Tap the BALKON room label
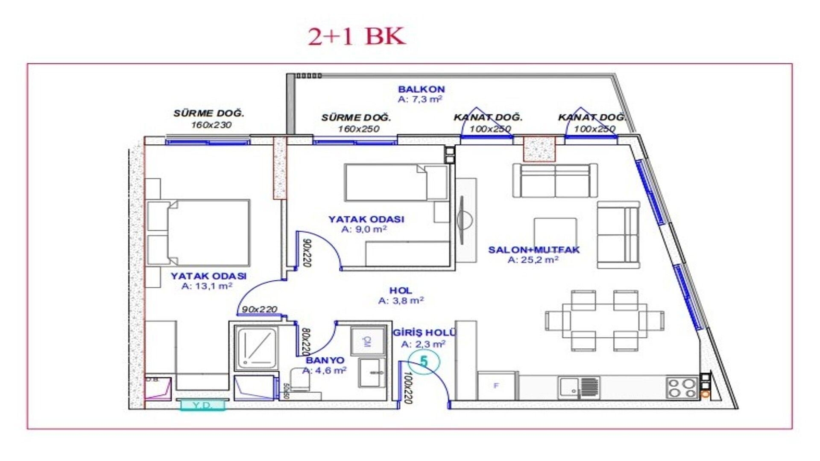(421, 89)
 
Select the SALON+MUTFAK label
(534, 250)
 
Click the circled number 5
(423, 362)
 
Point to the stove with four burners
(682, 388)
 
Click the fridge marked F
(496, 385)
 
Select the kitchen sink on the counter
(578, 388)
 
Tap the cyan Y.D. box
(202, 405)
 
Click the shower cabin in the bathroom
(257, 348)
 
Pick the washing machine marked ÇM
(368, 341)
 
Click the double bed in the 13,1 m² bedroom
(199, 233)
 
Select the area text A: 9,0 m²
(364, 229)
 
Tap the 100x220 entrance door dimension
(407, 388)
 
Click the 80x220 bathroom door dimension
(305, 341)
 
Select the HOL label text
(401, 291)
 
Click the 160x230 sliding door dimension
(211, 125)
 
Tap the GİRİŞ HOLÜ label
(424, 333)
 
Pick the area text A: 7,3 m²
(420, 99)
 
